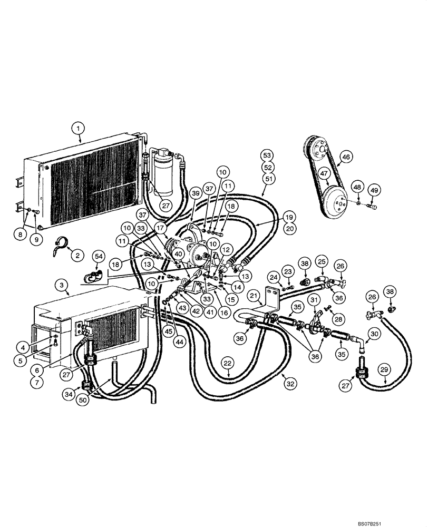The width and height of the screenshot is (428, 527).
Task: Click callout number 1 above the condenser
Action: pyautogui.click(x=79, y=128)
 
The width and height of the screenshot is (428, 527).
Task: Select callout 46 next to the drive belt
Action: pyautogui.click(x=346, y=157)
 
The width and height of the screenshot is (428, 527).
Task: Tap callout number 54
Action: pyautogui.click(x=99, y=256)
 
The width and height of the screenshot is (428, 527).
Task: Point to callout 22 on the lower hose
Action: pyautogui.click(x=227, y=363)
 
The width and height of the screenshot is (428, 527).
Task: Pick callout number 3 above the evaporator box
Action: pyautogui.click(x=63, y=285)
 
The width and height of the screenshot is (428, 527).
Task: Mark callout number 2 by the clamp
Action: pyautogui.click(x=77, y=256)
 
